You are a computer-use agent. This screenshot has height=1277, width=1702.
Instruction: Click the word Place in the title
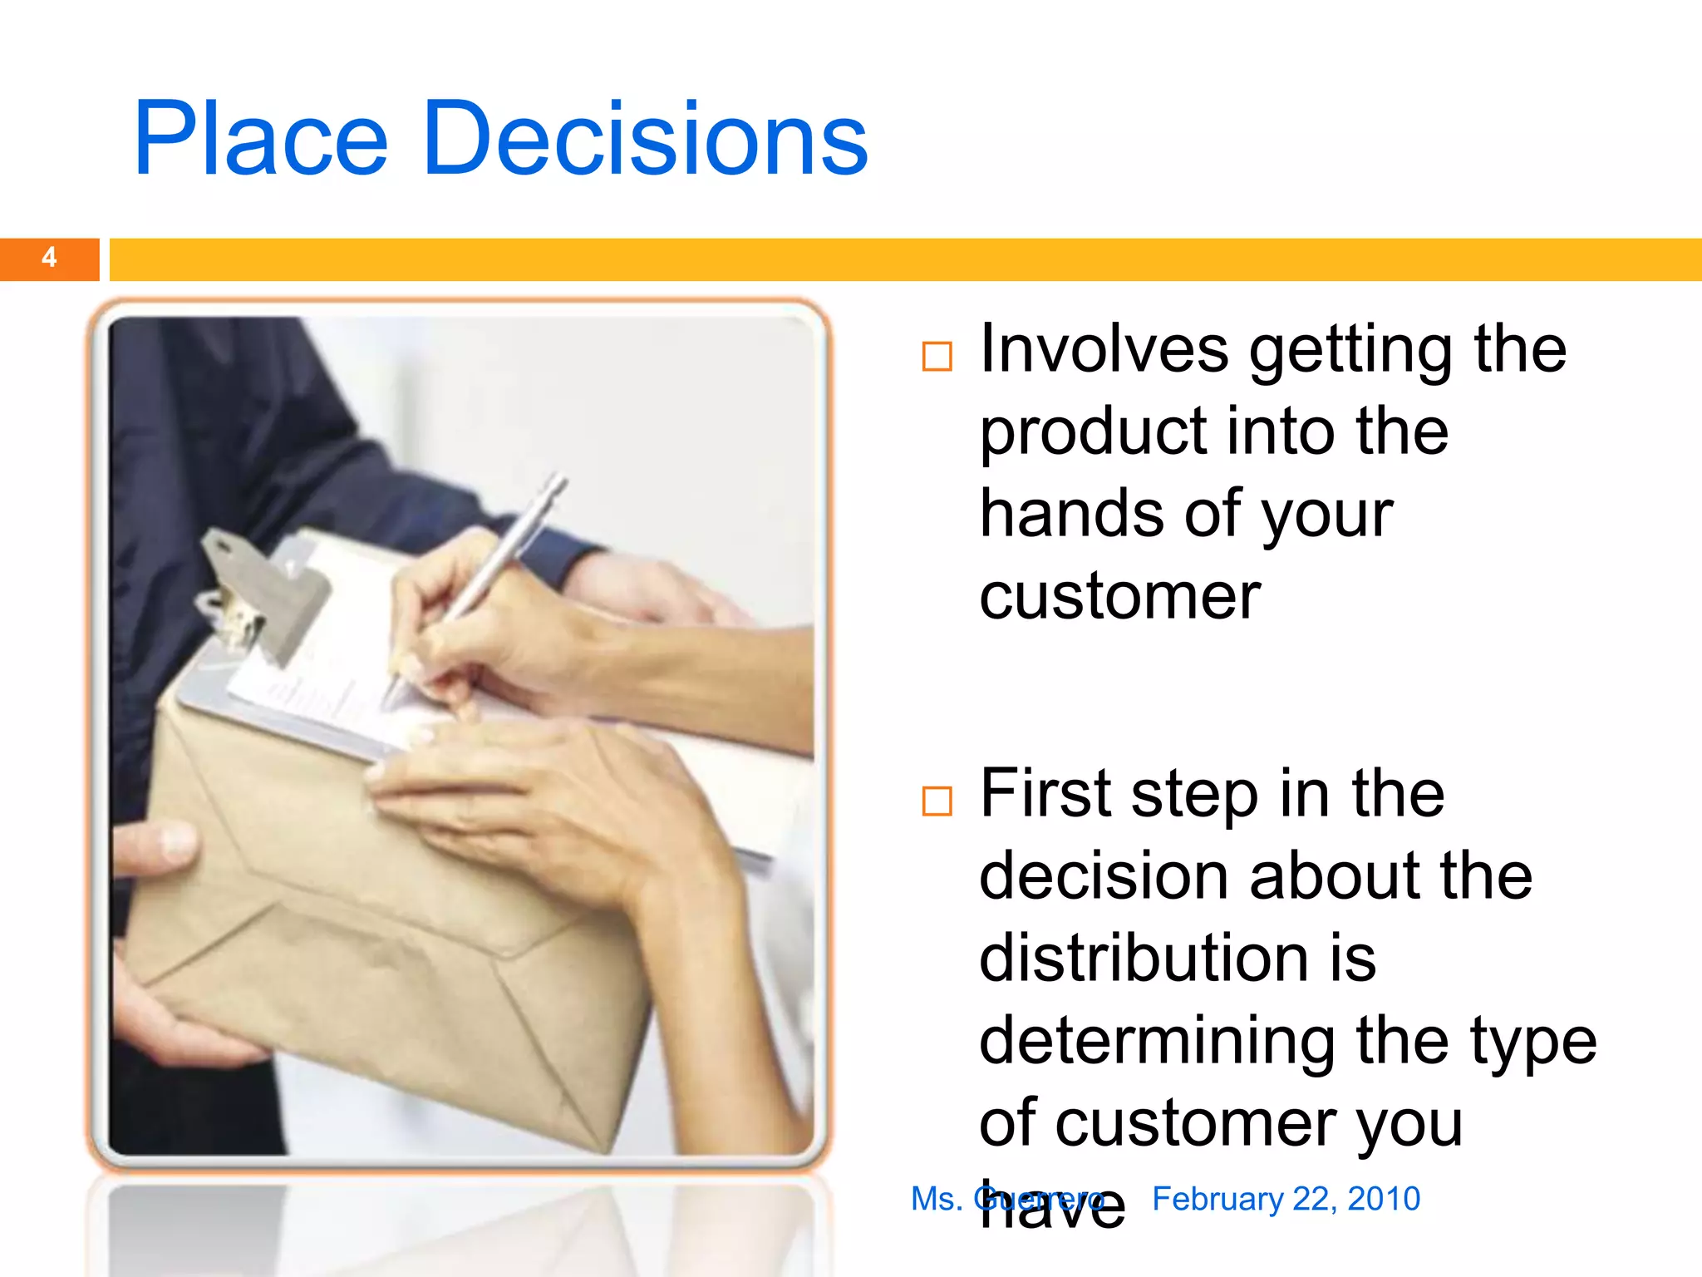click(x=260, y=139)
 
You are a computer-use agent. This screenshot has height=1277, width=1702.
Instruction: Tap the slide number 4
click(x=49, y=258)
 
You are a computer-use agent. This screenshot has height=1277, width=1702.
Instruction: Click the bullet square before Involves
click(x=937, y=357)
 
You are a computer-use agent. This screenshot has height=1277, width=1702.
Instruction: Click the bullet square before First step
click(x=937, y=801)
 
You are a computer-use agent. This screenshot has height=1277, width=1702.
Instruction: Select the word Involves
click(x=1104, y=349)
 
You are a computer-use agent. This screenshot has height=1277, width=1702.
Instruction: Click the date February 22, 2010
click(x=1286, y=1199)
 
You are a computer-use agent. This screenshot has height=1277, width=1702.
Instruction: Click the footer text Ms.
click(x=936, y=1199)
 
